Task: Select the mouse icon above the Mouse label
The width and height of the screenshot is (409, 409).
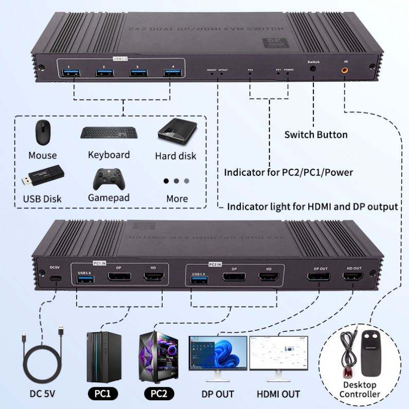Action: click(x=43, y=133)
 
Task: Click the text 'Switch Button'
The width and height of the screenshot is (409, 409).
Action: click(x=316, y=135)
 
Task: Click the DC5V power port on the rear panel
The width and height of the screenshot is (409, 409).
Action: click(x=55, y=279)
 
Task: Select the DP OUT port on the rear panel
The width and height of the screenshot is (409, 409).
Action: click(x=319, y=279)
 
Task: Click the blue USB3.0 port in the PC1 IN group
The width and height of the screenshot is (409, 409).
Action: click(x=85, y=280)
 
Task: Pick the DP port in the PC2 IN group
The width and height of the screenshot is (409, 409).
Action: click(x=234, y=279)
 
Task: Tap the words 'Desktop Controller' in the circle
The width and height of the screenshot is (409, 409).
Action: click(x=360, y=389)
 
